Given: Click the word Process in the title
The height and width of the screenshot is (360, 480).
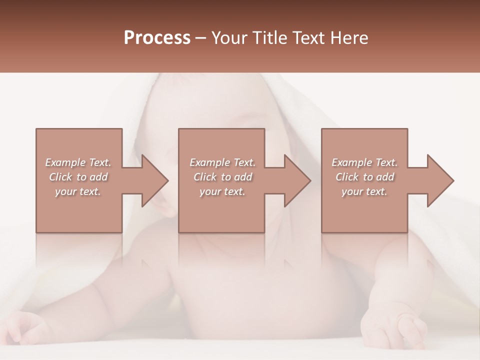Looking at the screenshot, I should pyautogui.click(x=157, y=38).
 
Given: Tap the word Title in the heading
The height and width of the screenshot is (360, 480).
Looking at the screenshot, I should pyautogui.click(x=270, y=38).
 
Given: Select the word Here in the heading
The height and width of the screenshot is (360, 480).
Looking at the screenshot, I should pyautogui.click(x=348, y=38).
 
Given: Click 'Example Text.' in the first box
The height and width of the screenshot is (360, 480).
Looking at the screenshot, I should pyautogui.click(x=78, y=162).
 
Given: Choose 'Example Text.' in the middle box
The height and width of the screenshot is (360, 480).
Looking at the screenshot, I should pyautogui.click(x=222, y=162).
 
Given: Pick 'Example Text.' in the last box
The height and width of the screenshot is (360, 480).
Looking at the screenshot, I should pyautogui.click(x=364, y=162).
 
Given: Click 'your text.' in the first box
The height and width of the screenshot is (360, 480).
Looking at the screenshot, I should pyautogui.click(x=78, y=191).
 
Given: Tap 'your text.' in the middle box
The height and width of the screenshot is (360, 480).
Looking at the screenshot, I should pyautogui.click(x=222, y=191).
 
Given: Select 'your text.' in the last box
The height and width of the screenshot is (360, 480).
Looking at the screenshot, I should pyautogui.click(x=364, y=191).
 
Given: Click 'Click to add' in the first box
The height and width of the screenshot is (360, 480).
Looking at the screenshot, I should pyautogui.click(x=78, y=177).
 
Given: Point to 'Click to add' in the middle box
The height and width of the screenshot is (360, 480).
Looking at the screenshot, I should pyautogui.click(x=222, y=177).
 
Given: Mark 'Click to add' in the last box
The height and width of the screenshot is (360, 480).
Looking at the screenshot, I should pyautogui.click(x=364, y=177).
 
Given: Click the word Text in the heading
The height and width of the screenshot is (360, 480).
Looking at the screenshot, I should pyautogui.click(x=308, y=38).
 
